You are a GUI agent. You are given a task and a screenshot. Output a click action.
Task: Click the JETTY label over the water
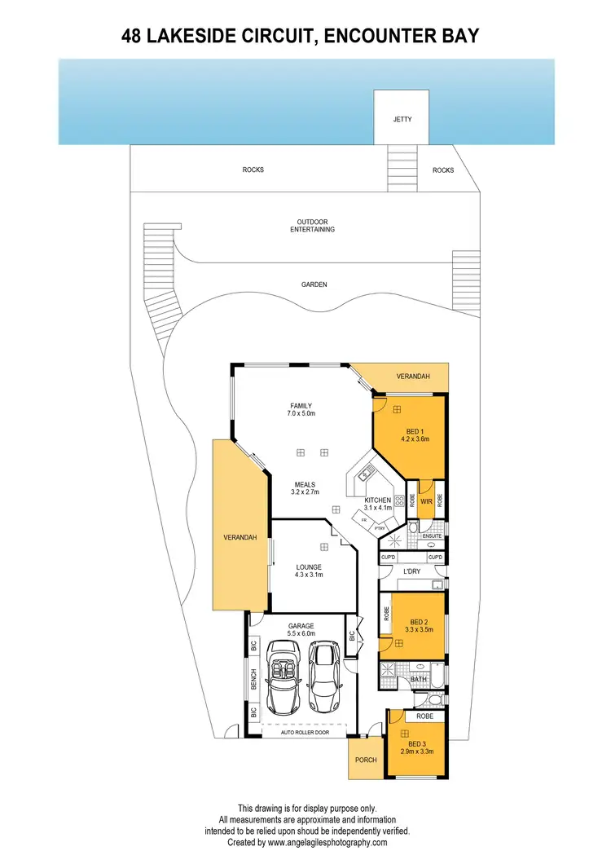402,120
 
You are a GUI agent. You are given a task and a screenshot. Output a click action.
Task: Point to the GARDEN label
313,284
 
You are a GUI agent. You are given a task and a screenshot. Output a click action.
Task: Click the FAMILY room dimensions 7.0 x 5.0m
301,414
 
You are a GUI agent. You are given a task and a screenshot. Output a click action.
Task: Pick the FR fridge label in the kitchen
364,518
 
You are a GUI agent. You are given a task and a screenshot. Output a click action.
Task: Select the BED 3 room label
417,744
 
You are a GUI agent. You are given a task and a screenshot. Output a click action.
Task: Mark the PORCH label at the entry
366,760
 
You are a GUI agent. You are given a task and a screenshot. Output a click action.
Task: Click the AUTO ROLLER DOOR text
303,733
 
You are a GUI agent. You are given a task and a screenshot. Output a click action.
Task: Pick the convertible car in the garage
285,676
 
